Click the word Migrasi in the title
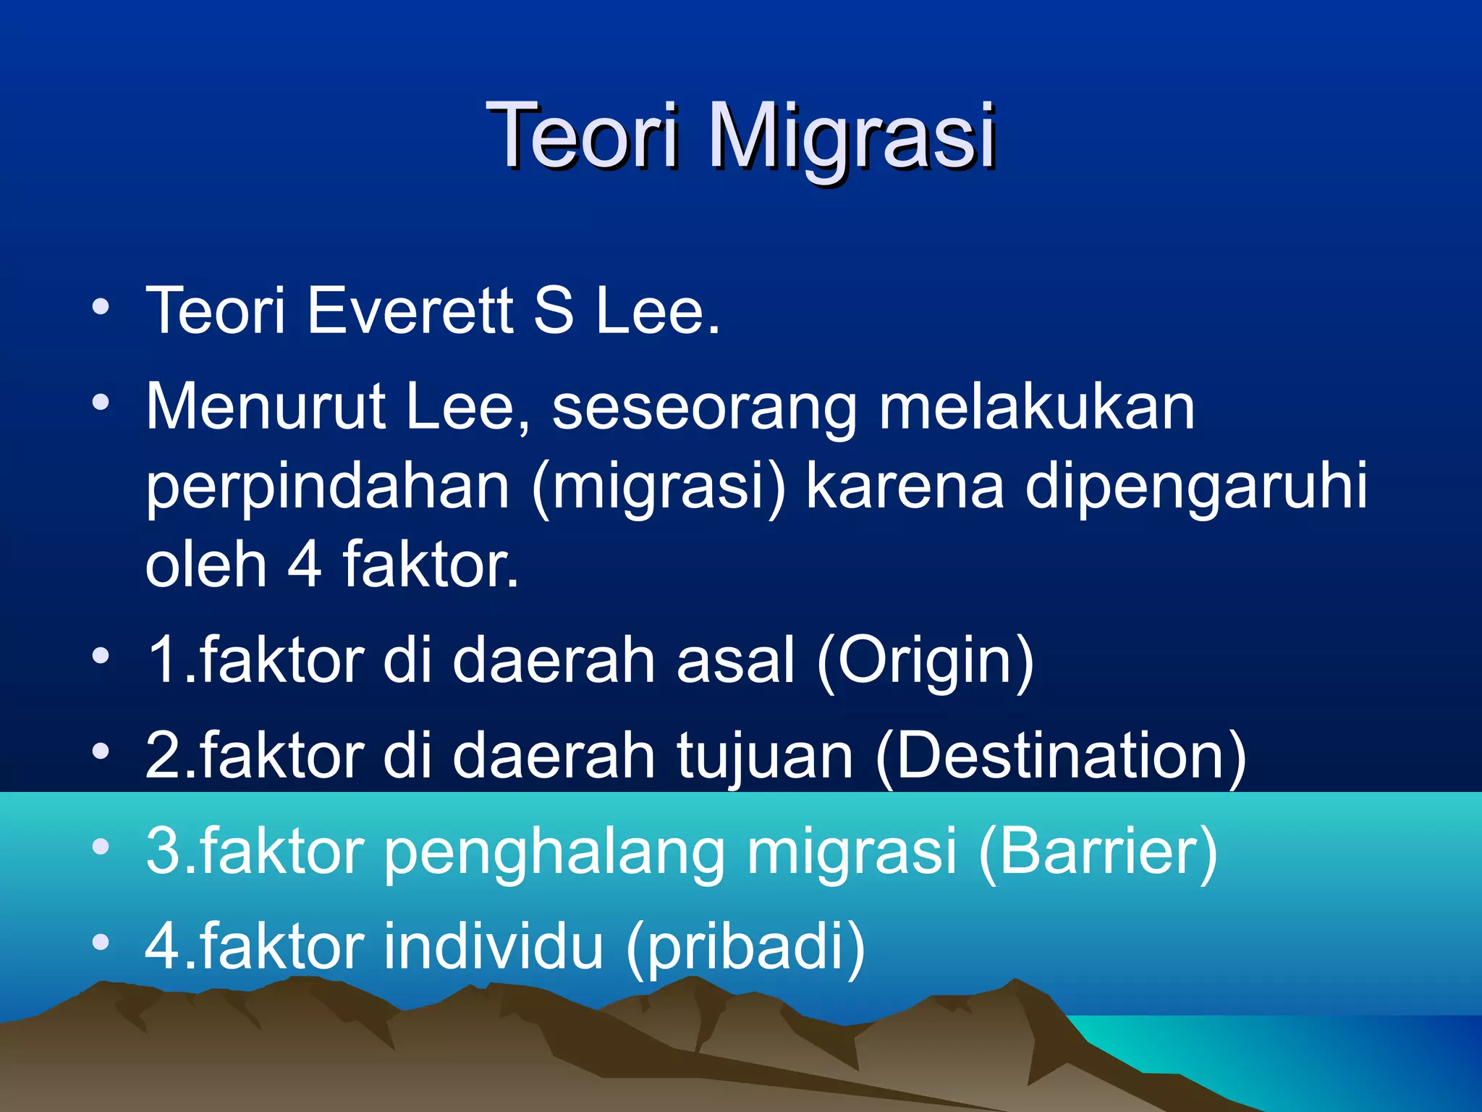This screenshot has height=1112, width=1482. pyautogui.click(x=852, y=136)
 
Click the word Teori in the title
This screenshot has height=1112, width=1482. pyautogui.click(x=583, y=136)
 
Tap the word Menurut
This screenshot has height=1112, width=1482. pyautogui.click(x=265, y=407)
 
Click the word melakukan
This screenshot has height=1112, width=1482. pyautogui.click(x=1036, y=407)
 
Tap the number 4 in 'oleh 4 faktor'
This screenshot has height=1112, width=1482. pyautogui.click(x=305, y=565)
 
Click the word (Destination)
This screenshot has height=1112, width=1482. pyautogui.click(x=1061, y=757)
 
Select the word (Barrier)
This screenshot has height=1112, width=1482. pyautogui.click(x=1098, y=852)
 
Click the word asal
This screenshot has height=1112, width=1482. pyautogui.click(x=735, y=660)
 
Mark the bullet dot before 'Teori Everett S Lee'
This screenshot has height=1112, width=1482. pyautogui.click(x=101, y=307)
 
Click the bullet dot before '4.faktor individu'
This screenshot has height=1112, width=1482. pyautogui.click(x=101, y=943)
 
